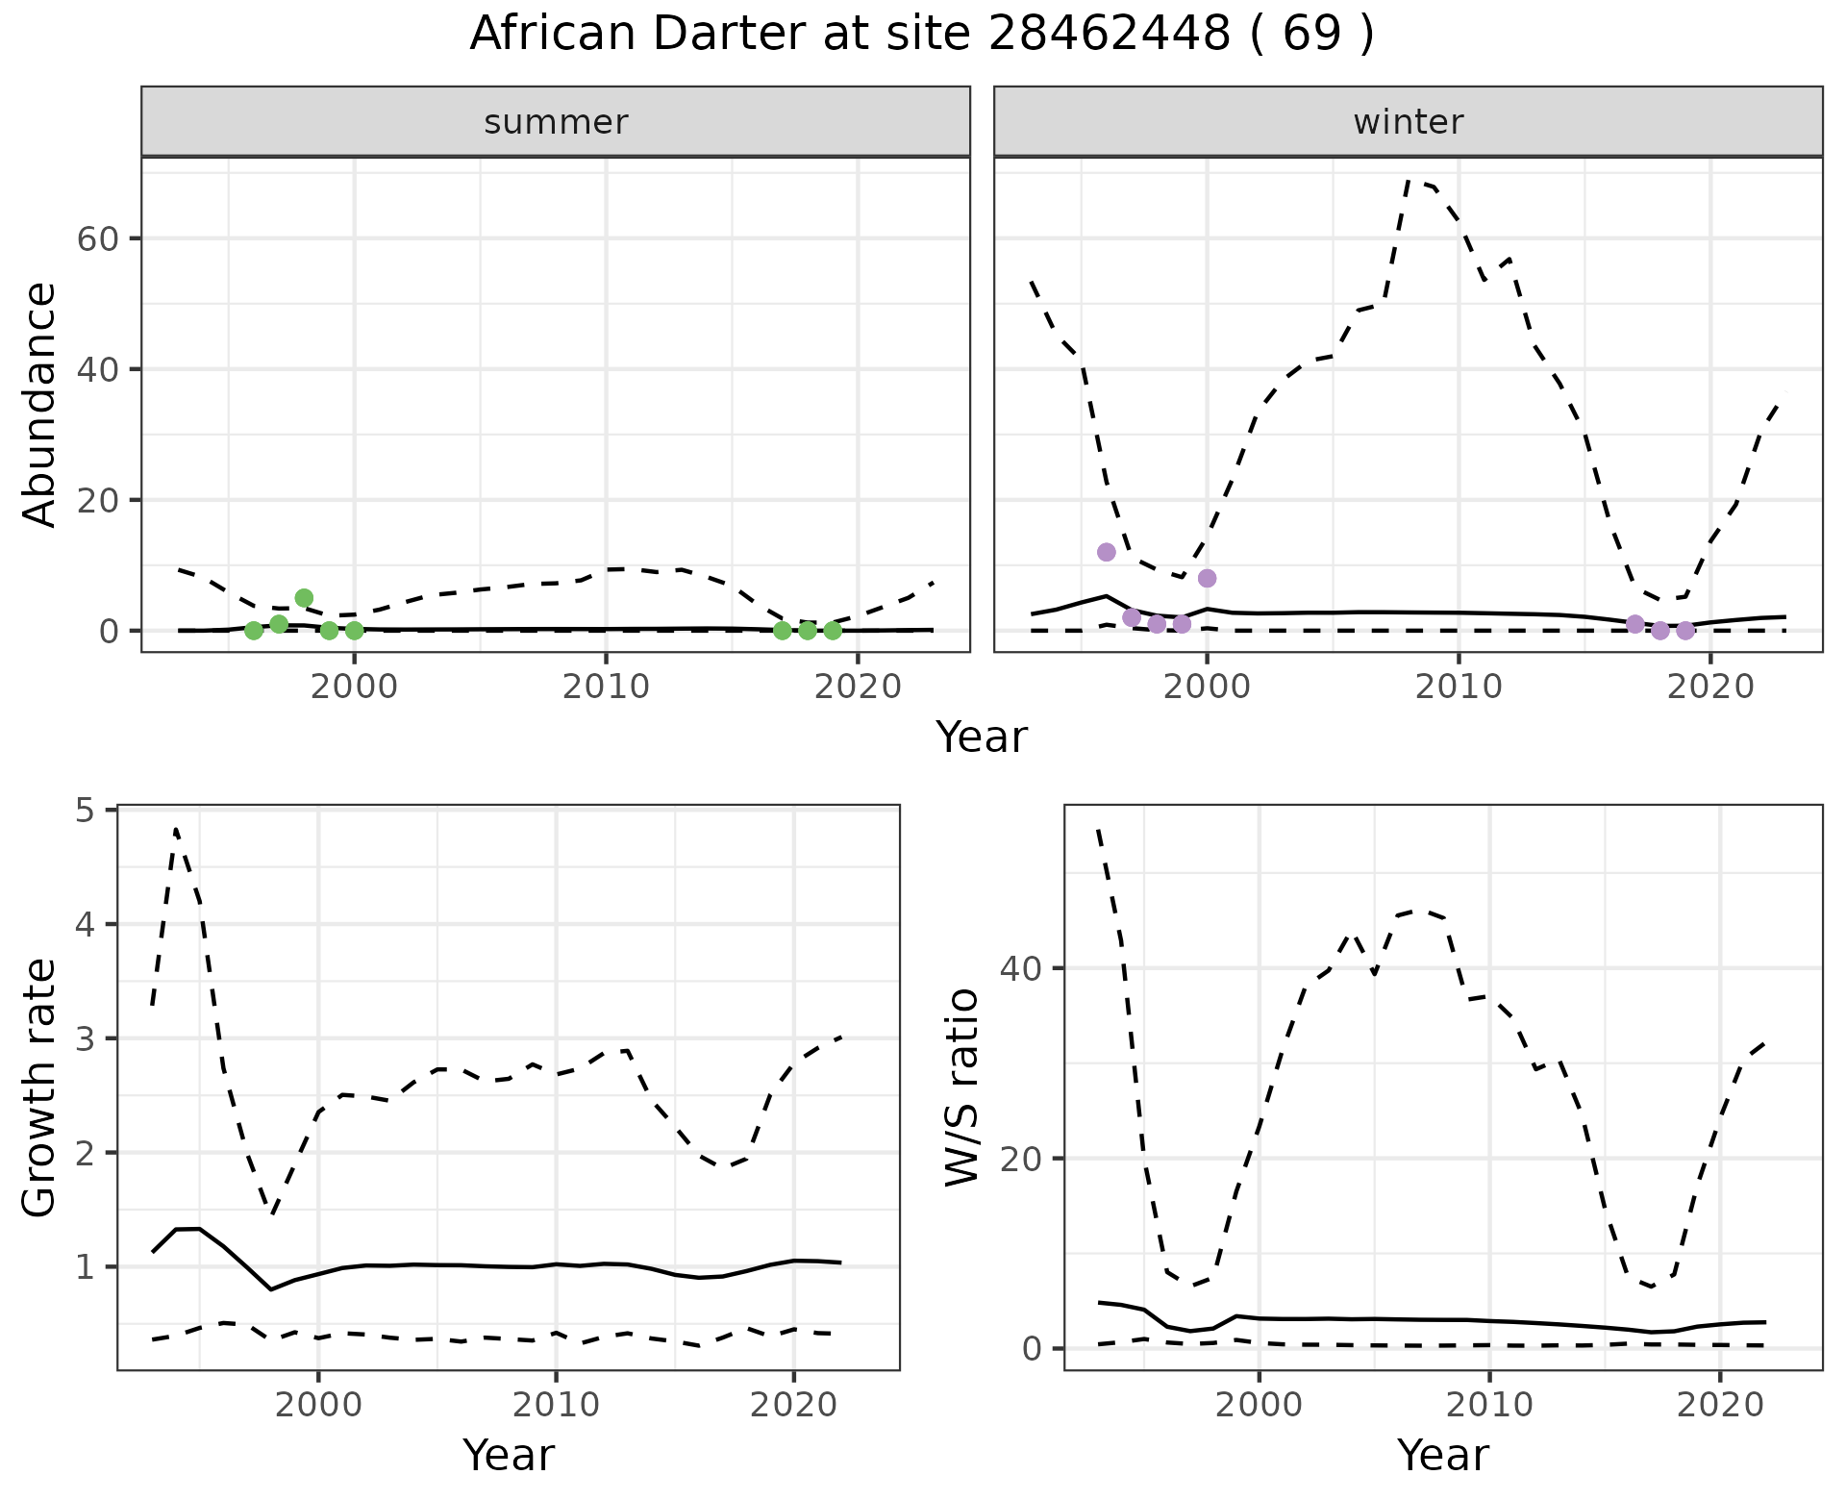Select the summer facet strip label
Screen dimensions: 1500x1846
click(x=556, y=122)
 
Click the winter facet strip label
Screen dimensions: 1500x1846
click(x=1409, y=122)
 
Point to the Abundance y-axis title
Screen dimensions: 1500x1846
click(x=39, y=405)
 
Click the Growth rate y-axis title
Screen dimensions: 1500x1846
click(x=39, y=1087)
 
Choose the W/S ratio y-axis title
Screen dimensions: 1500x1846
click(x=961, y=1087)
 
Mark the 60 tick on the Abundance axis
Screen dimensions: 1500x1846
click(x=97, y=238)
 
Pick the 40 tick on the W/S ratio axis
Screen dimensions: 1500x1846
click(x=1020, y=968)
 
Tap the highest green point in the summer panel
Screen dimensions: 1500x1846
click(x=304, y=598)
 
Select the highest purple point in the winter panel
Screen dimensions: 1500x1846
click(x=1107, y=552)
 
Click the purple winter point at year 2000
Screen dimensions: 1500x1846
click(x=1208, y=578)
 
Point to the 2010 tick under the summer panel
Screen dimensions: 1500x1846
click(x=607, y=687)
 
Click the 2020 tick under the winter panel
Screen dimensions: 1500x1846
click(x=1710, y=687)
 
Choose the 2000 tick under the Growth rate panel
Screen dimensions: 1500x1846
click(x=318, y=1405)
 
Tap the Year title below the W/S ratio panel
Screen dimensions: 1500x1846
click(x=1443, y=1455)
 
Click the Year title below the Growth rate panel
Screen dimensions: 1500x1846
click(x=509, y=1455)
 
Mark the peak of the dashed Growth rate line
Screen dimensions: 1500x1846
click(x=176, y=828)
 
